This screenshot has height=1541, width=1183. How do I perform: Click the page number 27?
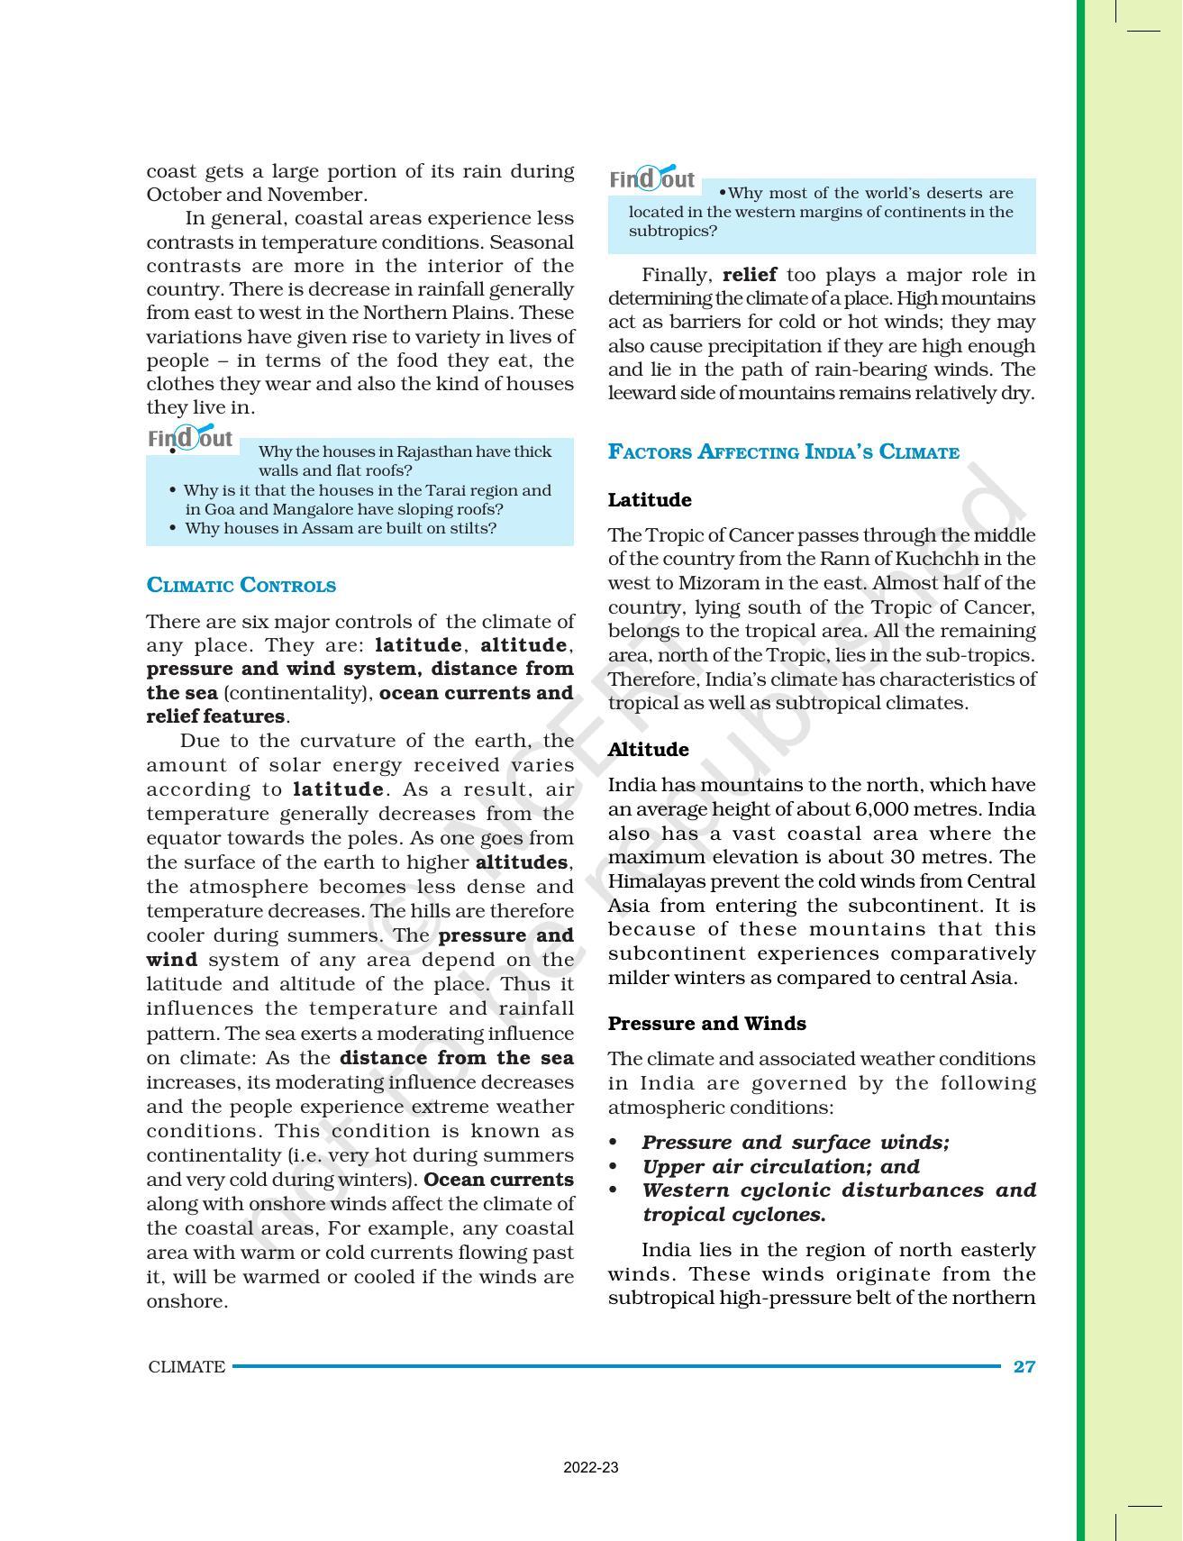click(x=1024, y=1366)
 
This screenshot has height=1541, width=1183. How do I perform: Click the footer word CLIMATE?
click(x=187, y=1366)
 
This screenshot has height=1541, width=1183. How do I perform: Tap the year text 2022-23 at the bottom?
click(x=591, y=1467)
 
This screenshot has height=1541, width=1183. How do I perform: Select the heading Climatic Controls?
click(x=241, y=586)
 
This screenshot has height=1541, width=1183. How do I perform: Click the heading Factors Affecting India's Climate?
click(x=783, y=452)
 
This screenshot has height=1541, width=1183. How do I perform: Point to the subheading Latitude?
click(x=650, y=500)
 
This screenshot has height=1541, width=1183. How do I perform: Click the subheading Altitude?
click(x=648, y=750)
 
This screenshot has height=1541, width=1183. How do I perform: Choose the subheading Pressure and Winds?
click(x=706, y=1024)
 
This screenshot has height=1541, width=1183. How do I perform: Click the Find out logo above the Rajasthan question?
click(x=191, y=439)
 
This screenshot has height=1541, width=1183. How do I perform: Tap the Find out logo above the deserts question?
click(x=652, y=179)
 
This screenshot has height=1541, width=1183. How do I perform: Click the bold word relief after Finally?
click(x=750, y=275)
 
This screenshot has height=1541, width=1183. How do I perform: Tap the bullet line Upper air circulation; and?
click(x=780, y=1166)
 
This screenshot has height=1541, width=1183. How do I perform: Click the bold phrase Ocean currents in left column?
click(x=498, y=1180)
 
